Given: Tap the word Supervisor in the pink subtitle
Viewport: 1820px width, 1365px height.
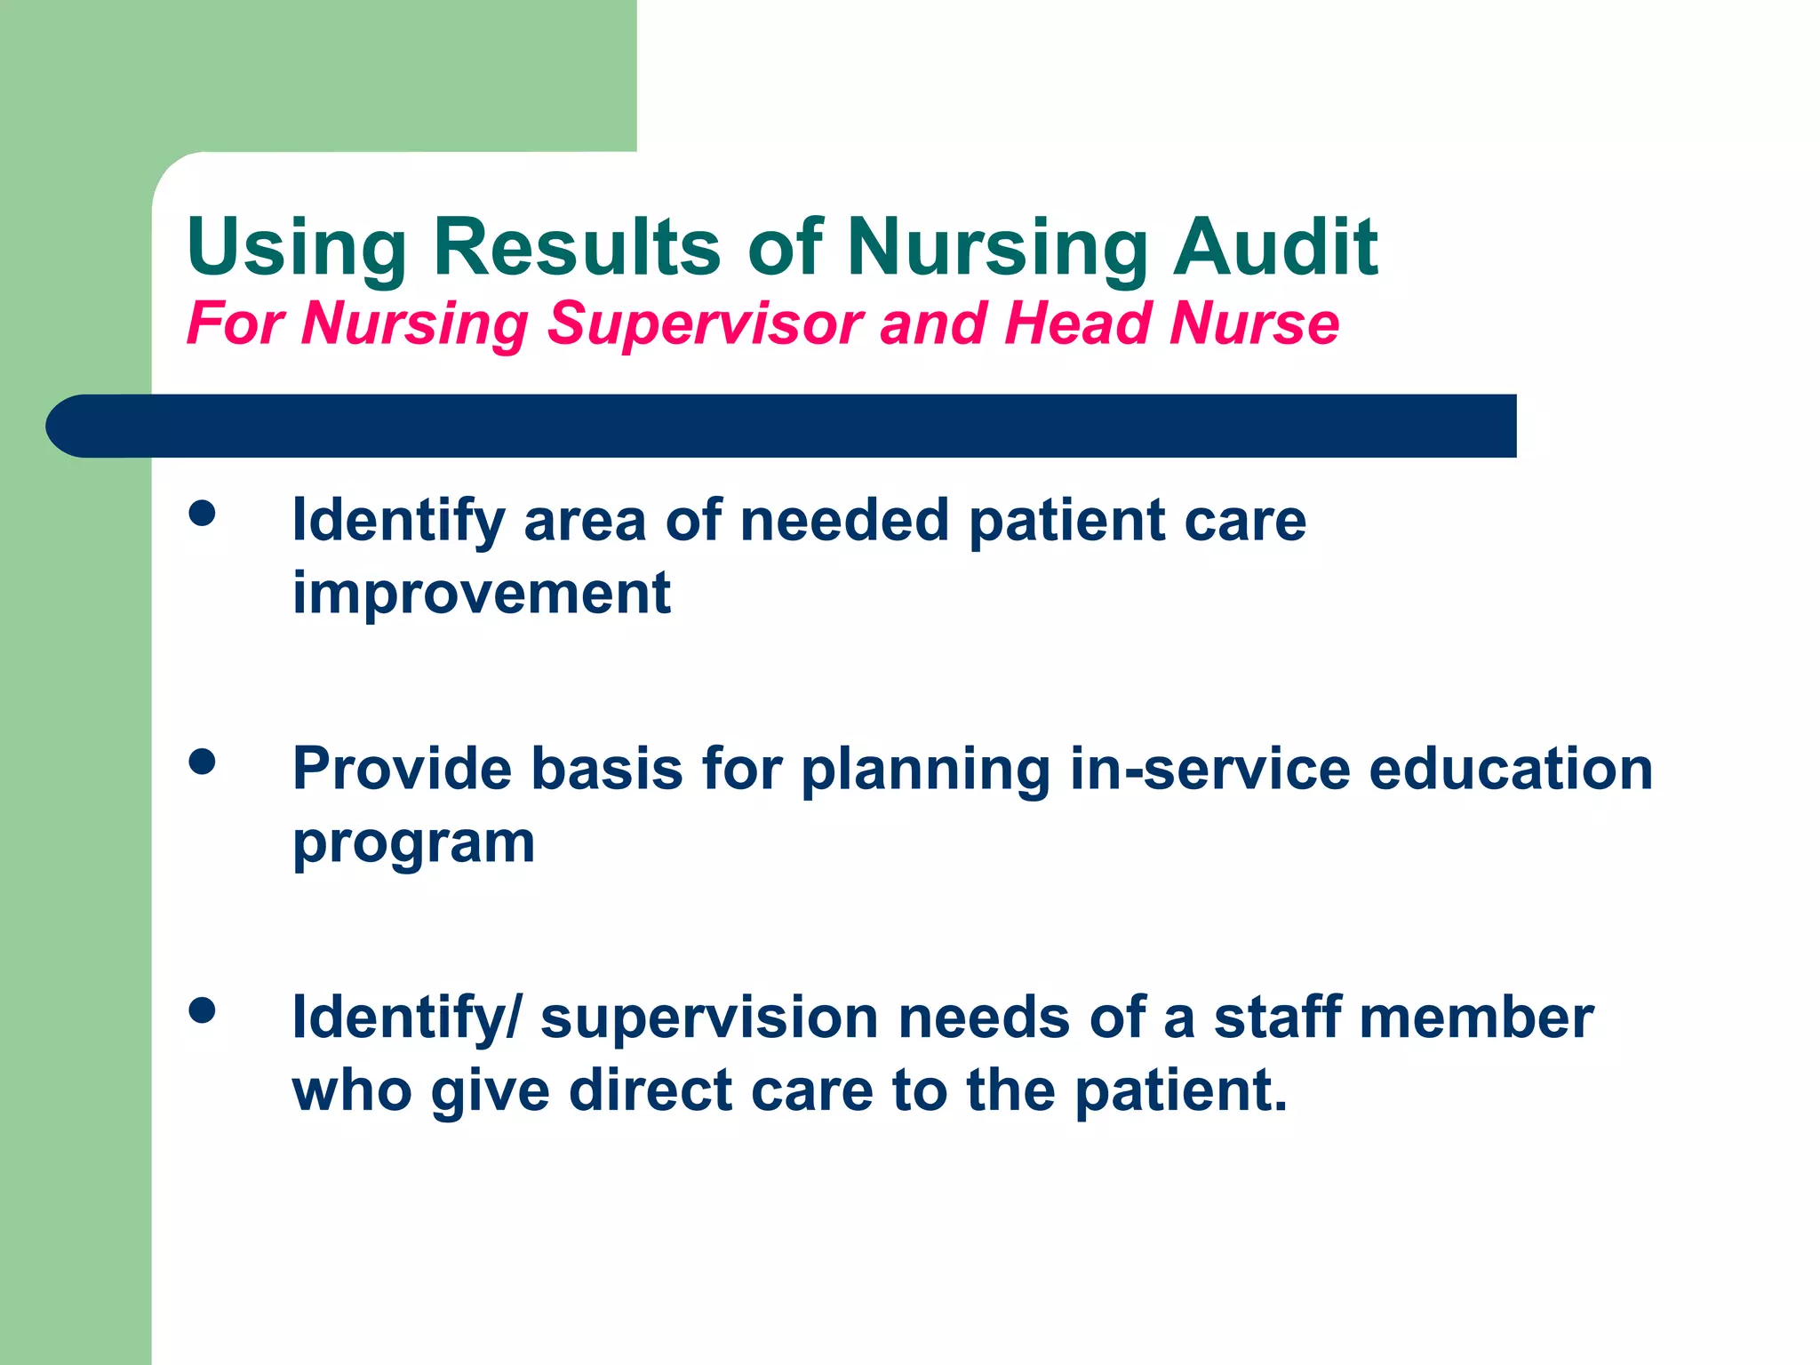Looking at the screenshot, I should (704, 323).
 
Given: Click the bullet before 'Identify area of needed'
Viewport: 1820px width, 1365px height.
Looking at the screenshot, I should (203, 513).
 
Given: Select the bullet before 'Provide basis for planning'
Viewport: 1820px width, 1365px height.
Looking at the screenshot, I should (203, 762).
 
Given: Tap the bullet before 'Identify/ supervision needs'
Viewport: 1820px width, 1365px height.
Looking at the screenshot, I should (203, 1010).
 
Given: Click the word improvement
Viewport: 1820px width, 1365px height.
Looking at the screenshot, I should (482, 594).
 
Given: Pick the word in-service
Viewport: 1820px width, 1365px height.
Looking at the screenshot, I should (1209, 769).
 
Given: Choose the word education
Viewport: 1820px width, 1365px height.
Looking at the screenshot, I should (1510, 769).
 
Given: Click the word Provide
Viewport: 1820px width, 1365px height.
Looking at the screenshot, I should (402, 769).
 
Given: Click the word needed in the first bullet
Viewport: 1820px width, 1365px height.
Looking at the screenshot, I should (844, 521).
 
